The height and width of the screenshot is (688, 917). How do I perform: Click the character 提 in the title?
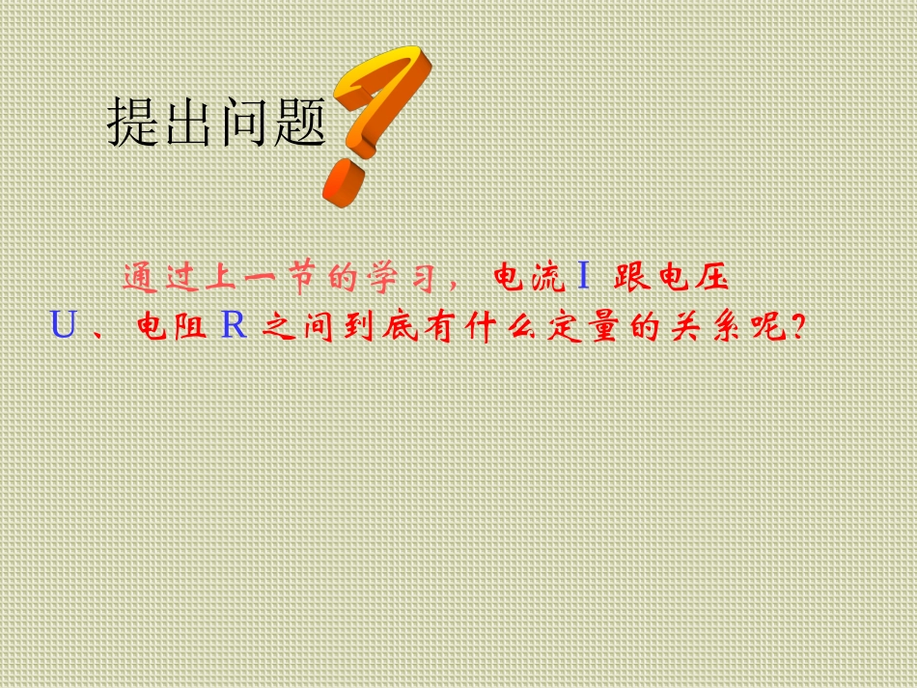[133, 123]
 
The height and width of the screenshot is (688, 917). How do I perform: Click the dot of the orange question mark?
[344, 182]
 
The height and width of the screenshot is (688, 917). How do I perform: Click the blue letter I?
[583, 278]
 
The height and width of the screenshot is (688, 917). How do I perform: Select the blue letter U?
[63, 326]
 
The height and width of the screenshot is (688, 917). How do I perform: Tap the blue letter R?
[234, 326]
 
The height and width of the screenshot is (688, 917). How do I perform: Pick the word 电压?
[691, 278]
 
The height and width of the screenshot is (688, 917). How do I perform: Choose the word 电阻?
[171, 327]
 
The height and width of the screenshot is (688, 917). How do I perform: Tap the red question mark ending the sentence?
[797, 327]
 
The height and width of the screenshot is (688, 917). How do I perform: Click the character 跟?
[631, 278]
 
